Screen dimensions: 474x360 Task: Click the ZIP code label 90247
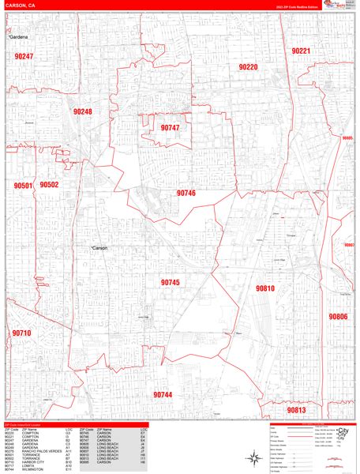point(24,57)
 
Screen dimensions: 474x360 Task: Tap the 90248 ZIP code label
point(81,112)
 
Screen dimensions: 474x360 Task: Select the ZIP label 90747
point(170,127)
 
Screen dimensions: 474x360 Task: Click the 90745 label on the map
point(171,282)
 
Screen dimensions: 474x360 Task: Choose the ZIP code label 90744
point(163,394)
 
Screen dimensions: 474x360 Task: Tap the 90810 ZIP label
point(264,288)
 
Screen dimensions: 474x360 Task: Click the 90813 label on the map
point(296,410)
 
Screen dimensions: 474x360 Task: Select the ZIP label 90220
point(248,67)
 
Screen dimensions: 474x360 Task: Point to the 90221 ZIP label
point(301,51)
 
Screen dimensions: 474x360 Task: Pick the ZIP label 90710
point(21,333)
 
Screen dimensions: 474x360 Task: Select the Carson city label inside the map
point(99,248)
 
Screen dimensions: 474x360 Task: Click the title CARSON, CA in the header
point(20,6)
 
